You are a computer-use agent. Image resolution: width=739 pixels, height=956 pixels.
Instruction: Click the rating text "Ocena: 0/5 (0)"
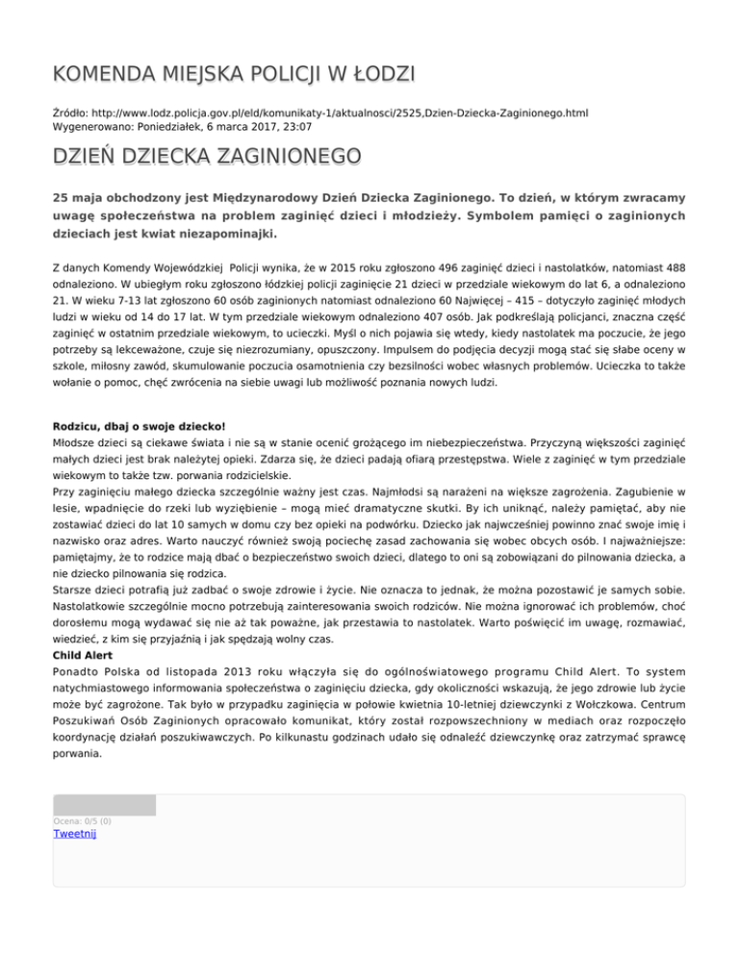[x=82, y=820]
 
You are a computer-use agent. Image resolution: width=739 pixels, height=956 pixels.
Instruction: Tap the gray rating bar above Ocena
[x=104, y=805]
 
